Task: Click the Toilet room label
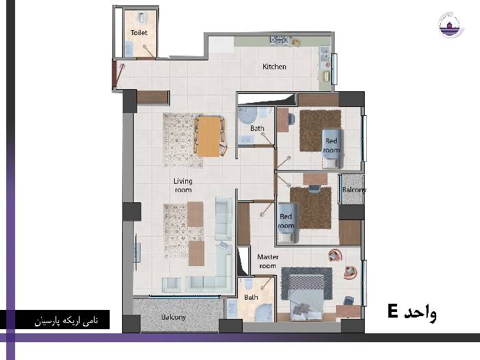(x=139, y=32)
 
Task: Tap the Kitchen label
(x=274, y=67)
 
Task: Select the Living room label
(x=183, y=186)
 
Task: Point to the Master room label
(x=268, y=261)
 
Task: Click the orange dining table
(x=208, y=136)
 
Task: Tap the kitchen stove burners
(x=279, y=40)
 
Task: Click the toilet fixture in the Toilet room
(x=141, y=17)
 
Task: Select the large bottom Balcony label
(x=173, y=317)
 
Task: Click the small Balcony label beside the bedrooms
(x=354, y=190)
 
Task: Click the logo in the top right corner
(x=451, y=25)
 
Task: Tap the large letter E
(x=393, y=311)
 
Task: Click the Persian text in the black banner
(x=66, y=320)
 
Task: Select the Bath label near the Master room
(x=251, y=297)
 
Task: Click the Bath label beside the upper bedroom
(x=257, y=128)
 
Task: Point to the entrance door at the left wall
(x=115, y=74)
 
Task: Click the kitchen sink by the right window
(x=324, y=54)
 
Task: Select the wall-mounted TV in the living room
(x=136, y=252)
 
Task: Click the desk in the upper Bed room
(x=283, y=120)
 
